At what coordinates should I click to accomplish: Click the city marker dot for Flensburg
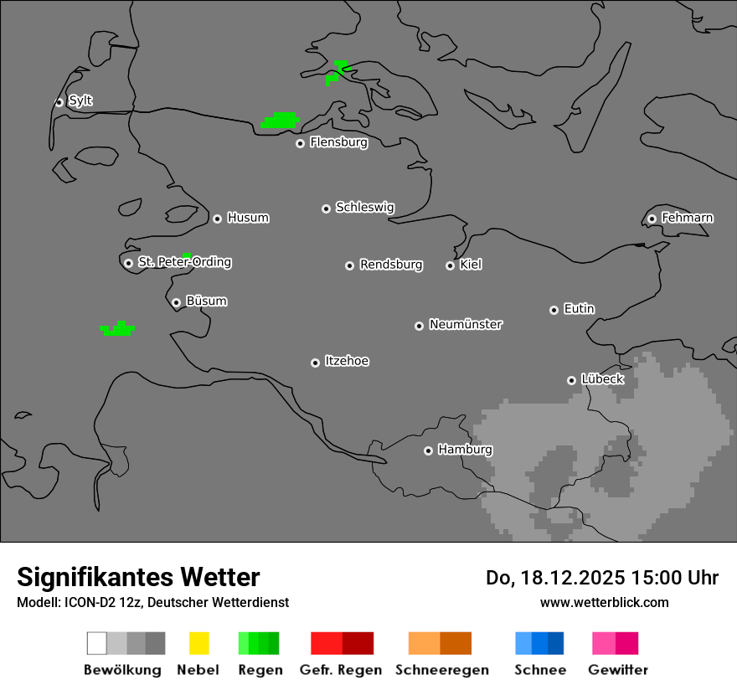300,143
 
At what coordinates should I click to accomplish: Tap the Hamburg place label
465,450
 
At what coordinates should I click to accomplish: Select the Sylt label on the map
80,100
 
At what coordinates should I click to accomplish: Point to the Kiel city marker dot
450,265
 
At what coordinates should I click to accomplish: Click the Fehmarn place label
687,218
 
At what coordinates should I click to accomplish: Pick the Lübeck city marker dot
571,380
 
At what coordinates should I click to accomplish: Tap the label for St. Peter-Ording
184,262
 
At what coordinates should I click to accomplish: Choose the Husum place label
248,218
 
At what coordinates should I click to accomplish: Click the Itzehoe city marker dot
315,363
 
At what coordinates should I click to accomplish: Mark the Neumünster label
466,324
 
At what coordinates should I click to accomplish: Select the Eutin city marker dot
554,310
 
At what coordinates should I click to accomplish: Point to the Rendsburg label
391,265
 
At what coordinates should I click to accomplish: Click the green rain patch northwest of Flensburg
281,121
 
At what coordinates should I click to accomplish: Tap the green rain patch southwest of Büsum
118,329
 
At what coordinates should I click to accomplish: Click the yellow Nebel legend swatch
198,643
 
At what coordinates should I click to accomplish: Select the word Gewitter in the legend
618,670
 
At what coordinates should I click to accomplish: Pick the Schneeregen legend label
442,670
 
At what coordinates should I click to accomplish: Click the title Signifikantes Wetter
138,577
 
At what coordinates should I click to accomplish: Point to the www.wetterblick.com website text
604,602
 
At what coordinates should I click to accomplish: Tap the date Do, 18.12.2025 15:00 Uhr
601,578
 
